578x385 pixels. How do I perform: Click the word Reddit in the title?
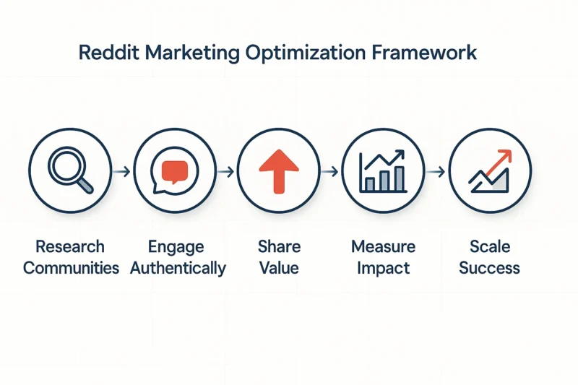pyautogui.click(x=109, y=52)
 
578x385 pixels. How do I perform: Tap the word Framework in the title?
pyautogui.click(x=424, y=52)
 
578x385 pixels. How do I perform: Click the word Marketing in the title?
pyautogui.click(x=192, y=53)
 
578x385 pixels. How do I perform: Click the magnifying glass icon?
pyautogui.click(x=70, y=170)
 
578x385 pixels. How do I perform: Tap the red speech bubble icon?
pyautogui.click(x=175, y=172)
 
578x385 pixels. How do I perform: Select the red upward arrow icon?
pyautogui.click(x=279, y=171)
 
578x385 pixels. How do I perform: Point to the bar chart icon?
pyautogui.click(x=383, y=171)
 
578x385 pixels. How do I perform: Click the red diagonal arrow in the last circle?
pyautogui.click(x=499, y=162)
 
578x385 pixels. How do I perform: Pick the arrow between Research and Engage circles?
pyautogui.click(x=121, y=171)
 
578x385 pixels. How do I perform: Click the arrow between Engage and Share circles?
pyautogui.click(x=225, y=171)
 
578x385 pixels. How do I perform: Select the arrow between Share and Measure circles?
pyautogui.click(x=329, y=171)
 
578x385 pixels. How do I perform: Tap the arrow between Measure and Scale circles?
pyautogui.click(x=436, y=171)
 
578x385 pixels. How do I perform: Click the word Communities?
pyautogui.click(x=71, y=268)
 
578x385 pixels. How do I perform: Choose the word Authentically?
pyautogui.click(x=178, y=269)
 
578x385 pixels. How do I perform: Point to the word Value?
pyautogui.click(x=279, y=268)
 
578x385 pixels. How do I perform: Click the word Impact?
pyautogui.click(x=384, y=269)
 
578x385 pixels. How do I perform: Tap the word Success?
pyautogui.click(x=490, y=268)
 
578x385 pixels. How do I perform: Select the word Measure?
pyautogui.click(x=384, y=246)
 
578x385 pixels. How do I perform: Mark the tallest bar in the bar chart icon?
pyautogui.click(x=400, y=179)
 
